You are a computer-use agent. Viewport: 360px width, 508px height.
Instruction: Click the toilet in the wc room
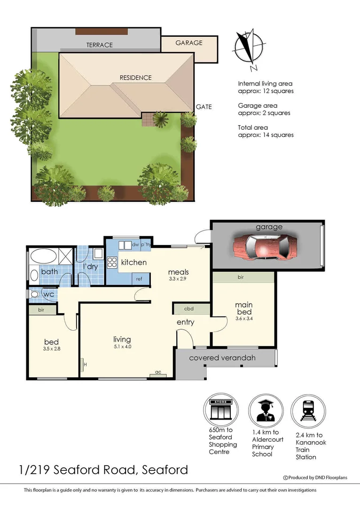point(34,294)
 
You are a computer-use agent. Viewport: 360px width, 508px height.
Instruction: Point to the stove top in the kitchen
point(112,262)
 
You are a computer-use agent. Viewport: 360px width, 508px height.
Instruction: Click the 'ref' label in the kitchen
point(139,279)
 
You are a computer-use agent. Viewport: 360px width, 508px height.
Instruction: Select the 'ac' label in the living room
point(158,373)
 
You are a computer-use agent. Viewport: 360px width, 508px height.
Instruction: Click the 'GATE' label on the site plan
point(204,107)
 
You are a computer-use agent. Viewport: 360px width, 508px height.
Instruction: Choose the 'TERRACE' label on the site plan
point(99,45)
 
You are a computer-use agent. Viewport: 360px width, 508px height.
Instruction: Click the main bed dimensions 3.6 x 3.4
point(243,318)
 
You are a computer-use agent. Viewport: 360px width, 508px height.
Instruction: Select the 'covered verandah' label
point(222,358)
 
